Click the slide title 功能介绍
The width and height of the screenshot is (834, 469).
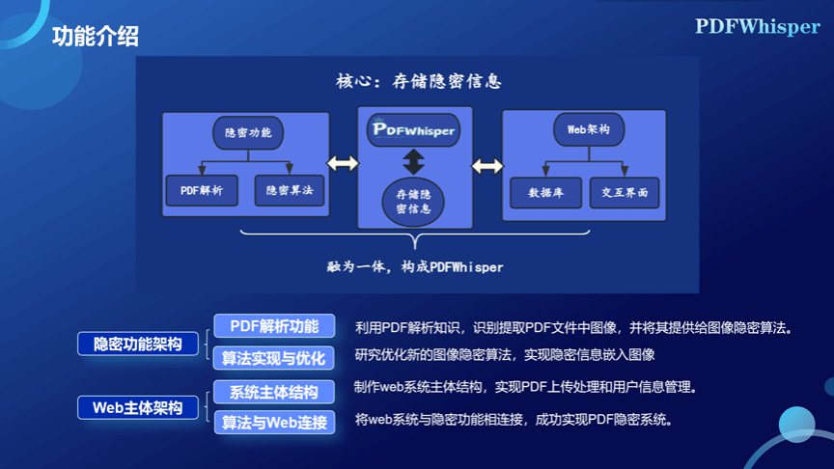pyautogui.click(x=96, y=37)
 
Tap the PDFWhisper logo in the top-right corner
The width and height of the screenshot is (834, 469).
pyautogui.click(x=757, y=27)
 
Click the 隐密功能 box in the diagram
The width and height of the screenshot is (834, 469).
pyautogui.click(x=247, y=132)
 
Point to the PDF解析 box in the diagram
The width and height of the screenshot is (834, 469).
pyautogui.click(x=202, y=191)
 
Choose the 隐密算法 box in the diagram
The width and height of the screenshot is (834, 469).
pyautogui.click(x=290, y=191)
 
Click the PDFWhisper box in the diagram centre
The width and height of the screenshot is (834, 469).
pyautogui.click(x=413, y=129)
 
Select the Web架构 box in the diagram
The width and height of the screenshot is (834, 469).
pyautogui.click(x=587, y=129)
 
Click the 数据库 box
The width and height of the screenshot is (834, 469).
pyautogui.click(x=545, y=191)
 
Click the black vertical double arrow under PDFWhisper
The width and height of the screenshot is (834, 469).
pyautogui.click(x=413, y=160)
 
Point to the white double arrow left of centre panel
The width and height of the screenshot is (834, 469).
pyautogui.click(x=343, y=164)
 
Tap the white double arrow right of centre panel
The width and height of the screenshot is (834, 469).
pyautogui.click(x=486, y=165)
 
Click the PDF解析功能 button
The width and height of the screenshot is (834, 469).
pyautogui.click(x=274, y=326)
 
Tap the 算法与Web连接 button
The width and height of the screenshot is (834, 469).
pyautogui.click(x=274, y=423)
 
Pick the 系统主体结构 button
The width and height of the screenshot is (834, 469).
pyautogui.click(x=274, y=392)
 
